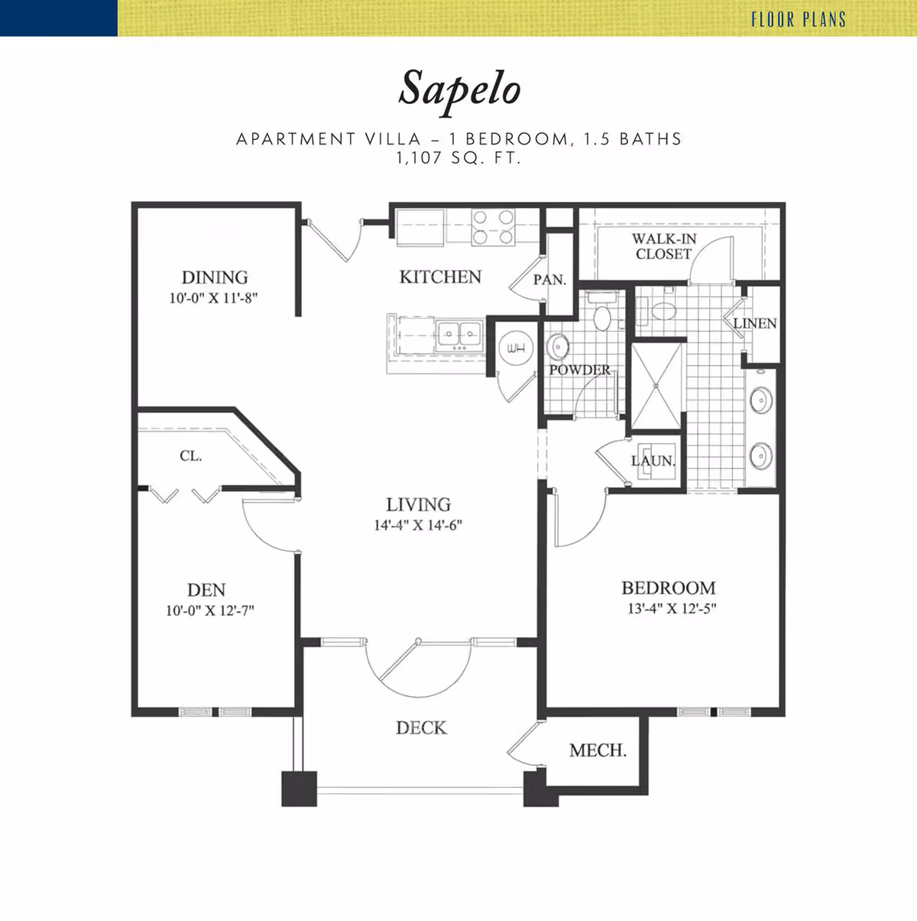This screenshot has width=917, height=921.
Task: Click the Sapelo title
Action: [459, 91]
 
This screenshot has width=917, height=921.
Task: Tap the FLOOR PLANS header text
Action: [799, 20]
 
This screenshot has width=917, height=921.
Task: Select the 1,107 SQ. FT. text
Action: [458, 158]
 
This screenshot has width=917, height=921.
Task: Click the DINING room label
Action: [215, 277]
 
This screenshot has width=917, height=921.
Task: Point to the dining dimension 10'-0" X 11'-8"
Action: [213, 298]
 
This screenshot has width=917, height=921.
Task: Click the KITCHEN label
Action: [440, 277]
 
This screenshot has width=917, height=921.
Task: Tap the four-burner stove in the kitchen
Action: [493, 227]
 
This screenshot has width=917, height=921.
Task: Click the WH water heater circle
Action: [516, 348]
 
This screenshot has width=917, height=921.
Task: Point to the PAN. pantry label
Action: [549, 279]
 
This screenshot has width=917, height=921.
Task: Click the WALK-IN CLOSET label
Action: [664, 246]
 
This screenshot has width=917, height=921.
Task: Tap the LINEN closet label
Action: [755, 324]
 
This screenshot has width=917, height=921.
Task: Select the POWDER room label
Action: [579, 369]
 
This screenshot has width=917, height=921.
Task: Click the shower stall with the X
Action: [656, 386]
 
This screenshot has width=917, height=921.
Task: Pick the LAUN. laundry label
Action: [653, 460]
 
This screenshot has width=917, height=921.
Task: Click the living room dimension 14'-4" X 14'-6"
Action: [418, 526]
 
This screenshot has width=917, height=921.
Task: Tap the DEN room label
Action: [206, 590]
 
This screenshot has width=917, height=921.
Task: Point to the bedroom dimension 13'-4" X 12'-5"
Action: [672, 608]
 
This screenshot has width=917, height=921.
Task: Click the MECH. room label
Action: [598, 750]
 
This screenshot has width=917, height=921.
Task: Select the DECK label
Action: [422, 727]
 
